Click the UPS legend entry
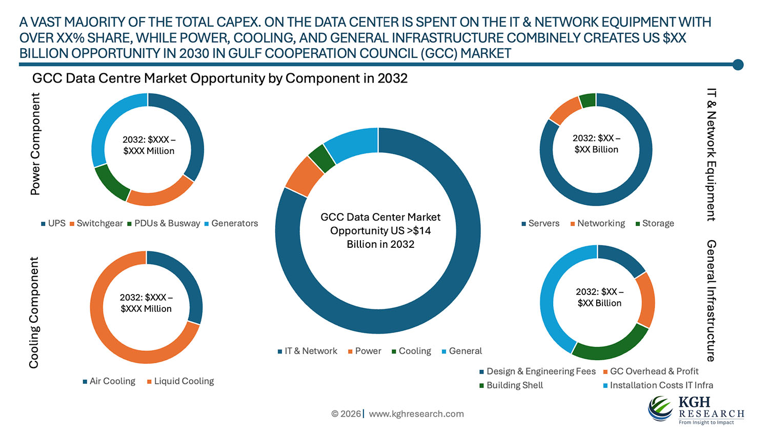tap(53, 223)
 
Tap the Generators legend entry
tap(231, 223)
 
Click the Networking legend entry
tap(598, 223)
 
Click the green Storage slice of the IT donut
tap(588, 101)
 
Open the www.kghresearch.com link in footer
tap(416, 414)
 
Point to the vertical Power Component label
tap(35, 144)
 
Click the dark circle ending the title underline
tap(738, 64)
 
